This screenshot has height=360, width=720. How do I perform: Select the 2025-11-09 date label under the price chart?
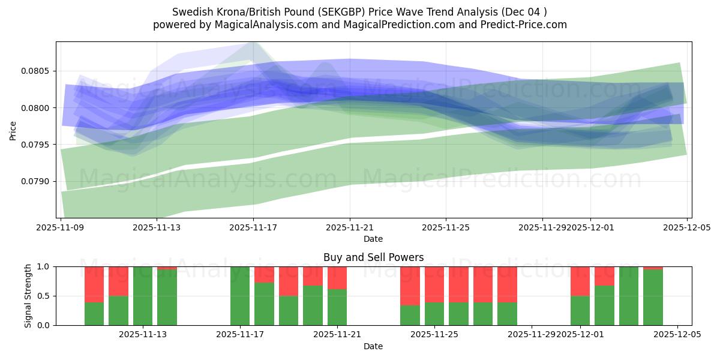click(x=60, y=228)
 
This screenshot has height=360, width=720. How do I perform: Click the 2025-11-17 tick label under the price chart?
click(x=253, y=228)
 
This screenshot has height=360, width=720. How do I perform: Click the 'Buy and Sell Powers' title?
click(x=373, y=257)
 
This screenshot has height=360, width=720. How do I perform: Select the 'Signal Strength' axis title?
click(x=28, y=296)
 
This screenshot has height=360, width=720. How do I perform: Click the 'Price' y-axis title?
click(x=13, y=130)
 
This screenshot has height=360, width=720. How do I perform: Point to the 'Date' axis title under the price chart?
click(x=373, y=239)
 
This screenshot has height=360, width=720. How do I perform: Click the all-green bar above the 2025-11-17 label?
click(x=240, y=296)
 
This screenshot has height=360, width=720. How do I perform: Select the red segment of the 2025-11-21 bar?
click(x=337, y=278)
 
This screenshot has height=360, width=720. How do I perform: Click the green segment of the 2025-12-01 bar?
click(x=580, y=311)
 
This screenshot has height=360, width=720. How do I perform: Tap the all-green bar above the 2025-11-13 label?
click(x=143, y=296)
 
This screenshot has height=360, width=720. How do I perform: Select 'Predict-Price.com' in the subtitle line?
click(x=526, y=25)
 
